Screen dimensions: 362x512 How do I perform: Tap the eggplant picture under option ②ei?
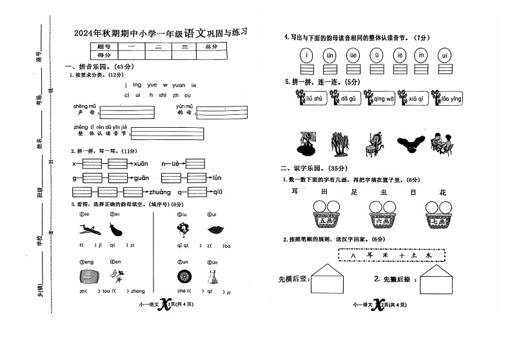coord(116,228)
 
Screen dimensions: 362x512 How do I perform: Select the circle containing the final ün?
coord(330,55)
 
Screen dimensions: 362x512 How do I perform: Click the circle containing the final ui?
coord(444,55)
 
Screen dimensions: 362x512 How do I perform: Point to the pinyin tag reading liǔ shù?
coord(316,99)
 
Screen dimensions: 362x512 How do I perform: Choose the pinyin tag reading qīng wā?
coord(382,99)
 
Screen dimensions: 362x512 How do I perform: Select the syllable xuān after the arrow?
coord(141,163)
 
